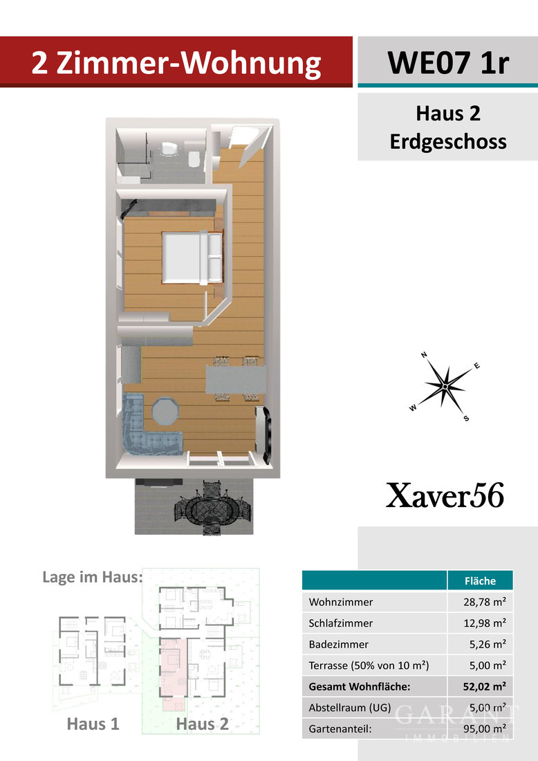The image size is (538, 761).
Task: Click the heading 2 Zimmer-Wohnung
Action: (x=176, y=63)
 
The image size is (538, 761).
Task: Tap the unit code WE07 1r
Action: (x=448, y=63)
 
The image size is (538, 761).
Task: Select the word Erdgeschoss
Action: (x=447, y=142)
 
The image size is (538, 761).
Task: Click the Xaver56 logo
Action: (x=445, y=497)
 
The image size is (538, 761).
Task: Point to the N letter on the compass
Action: (x=424, y=356)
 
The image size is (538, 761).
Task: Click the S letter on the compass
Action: (x=466, y=419)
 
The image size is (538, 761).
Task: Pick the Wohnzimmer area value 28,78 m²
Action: (x=484, y=602)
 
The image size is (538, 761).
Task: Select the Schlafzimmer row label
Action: (x=341, y=623)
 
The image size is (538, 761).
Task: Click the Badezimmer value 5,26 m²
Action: (x=489, y=644)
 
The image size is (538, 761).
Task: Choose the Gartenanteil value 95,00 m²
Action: (x=484, y=728)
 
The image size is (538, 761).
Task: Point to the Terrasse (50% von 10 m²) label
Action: (x=369, y=666)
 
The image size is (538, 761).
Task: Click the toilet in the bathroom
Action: (x=194, y=158)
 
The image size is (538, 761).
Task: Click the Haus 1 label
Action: (x=93, y=724)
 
